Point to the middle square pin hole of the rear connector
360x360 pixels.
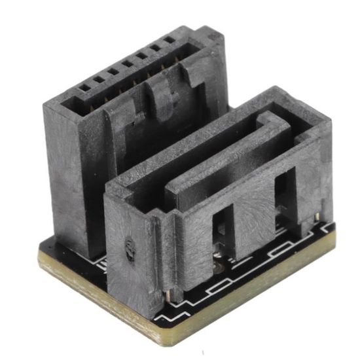[124, 63]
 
